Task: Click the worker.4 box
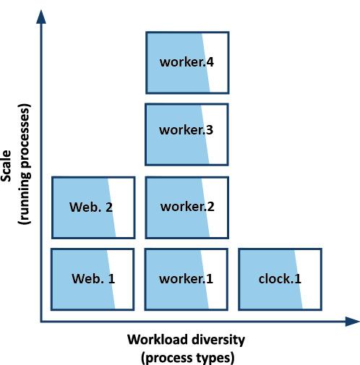[x=187, y=63]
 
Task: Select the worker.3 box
[x=187, y=134]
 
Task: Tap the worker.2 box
[x=187, y=207]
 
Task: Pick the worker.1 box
[x=187, y=279]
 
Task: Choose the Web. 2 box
[x=93, y=207]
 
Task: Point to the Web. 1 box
[x=93, y=279]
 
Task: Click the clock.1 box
[x=280, y=279]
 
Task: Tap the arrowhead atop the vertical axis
[x=41, y=17]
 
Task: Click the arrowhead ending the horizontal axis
[x=352, y=322]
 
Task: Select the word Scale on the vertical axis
[x=6, y=166]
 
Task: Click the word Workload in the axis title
[x=157, y=340]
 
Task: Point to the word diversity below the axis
[x=218, y=340]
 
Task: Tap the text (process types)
[x=187, y=358]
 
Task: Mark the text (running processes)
[x=25, y=164]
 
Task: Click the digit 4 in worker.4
[x=210, y=62]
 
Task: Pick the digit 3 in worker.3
[x=210, y=130]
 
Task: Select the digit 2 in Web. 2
[x=109, y=207]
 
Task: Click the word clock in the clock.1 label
[x=274, y=279]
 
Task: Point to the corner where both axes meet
[x=41, y=322]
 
